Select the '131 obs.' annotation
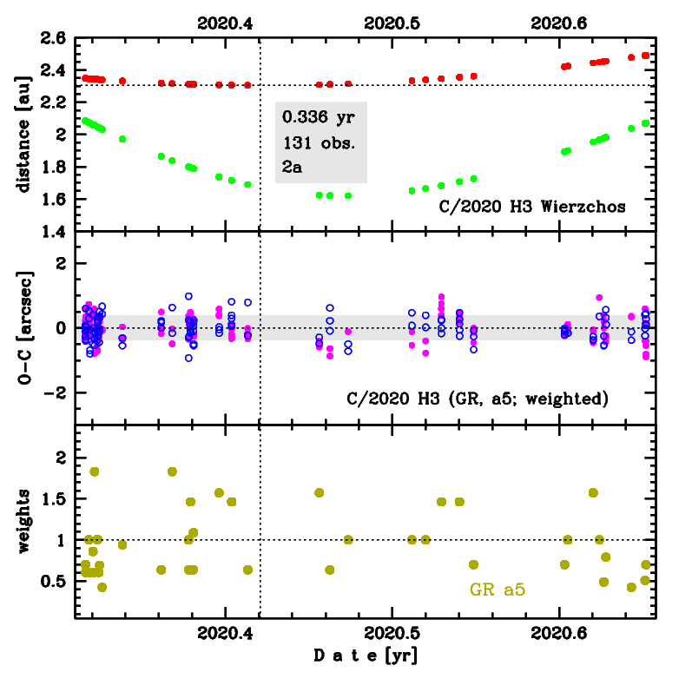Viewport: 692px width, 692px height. coord(314,142)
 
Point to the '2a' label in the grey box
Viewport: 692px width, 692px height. coord(292,168)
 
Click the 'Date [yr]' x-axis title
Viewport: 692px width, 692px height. coord(365,656)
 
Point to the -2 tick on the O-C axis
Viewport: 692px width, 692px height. coord(57,392)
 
